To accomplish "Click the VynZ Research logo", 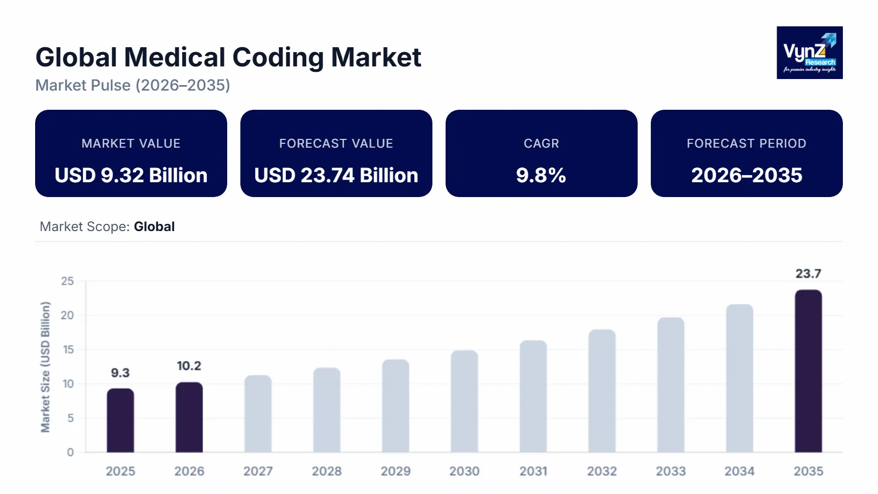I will (x=809, y=53).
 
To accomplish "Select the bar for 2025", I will (x=120, y=420).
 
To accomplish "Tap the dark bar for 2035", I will (x=808, y=371).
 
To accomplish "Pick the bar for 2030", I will (x=464, y=401).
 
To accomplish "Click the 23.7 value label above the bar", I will (x=808, y=273).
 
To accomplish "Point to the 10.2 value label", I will (x=189, y=366).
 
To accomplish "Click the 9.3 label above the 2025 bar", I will (x=120, y=373).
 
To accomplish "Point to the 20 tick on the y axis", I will (x=67, y=315).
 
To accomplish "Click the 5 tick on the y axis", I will (x=70, y=418).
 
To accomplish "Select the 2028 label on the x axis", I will (x=327, y=471).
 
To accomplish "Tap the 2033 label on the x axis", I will (x=671, y=471).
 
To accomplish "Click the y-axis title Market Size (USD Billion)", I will (x=45, y=367).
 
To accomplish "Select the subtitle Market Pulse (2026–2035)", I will (x=133, y=85).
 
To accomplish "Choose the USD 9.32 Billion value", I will (x=131, y=175).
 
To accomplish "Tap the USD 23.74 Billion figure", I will (x=336, y=175).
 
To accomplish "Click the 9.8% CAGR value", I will (x=541, y=175).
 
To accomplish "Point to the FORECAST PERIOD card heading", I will (x=746, y=143).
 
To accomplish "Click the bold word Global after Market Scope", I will (x=154, y=227).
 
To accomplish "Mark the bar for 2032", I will (x=602, y=391).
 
